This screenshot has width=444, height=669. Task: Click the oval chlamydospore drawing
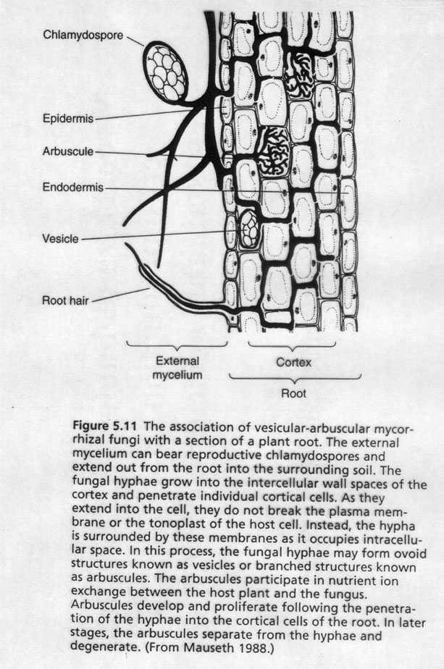165,71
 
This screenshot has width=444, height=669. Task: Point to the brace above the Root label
295,377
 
